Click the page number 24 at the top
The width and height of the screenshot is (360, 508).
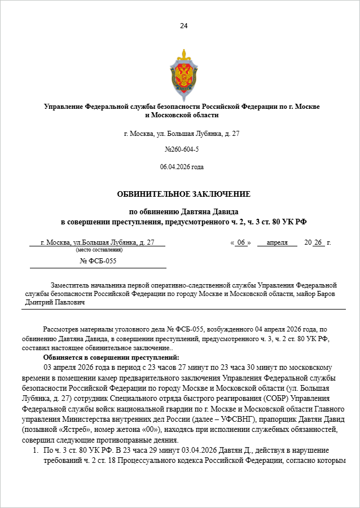pyautogui.click(x=183, y=26)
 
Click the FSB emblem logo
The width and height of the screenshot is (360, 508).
pyautogui.click(x=183, y=74)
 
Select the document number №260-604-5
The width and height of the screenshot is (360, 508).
pyautogui.click(x=182, y=149)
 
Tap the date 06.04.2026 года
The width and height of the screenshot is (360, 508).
pyautogui.click(x=182, y=167)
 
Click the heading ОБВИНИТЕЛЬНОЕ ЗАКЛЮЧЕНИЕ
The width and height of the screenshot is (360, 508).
pyautogui.click(x=183, y=194)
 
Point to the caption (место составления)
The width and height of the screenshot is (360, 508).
pyautogui.click(x=99, y=249)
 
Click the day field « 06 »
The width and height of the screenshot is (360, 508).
pyautogui.click(x=240, y=242)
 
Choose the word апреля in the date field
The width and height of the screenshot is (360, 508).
pyautogui.click(x=276, y=242)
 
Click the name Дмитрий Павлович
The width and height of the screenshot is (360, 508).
pyautogui.click(x=55, y=302)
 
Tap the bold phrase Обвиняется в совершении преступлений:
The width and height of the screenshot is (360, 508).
pyautogui.click(x=111, y=357)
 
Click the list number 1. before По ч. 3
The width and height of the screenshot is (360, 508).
pyautogui.click(x=35, y=450)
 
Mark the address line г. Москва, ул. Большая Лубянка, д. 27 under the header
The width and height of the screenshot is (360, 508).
pyautogui.click(x=182, y=134)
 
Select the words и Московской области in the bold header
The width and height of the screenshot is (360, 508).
pyautogui.click(x=182, y=115)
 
